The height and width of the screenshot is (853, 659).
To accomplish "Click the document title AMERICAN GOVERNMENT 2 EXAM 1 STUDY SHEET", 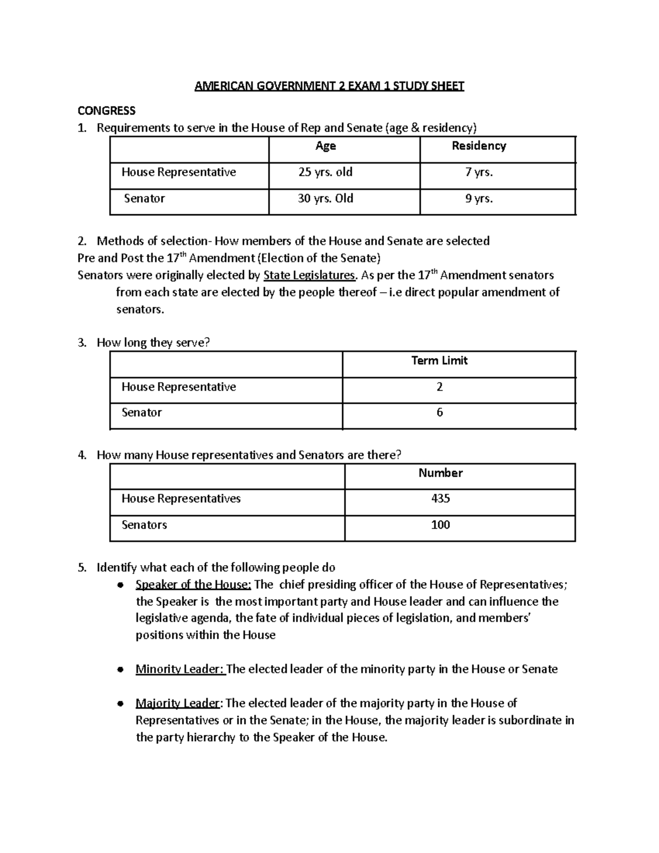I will [329, 86].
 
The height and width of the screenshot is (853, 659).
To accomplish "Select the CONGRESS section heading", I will [107, 111].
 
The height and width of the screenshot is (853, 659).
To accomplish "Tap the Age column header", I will [326, 146].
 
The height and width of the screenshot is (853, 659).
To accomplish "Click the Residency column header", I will [479, 146].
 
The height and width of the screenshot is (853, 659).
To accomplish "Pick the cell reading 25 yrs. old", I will [325, 172].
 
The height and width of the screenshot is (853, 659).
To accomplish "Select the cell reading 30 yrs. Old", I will [325, 199].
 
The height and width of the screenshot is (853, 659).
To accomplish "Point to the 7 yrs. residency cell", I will [479, 172].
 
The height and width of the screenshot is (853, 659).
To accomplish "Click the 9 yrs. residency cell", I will [479, 199].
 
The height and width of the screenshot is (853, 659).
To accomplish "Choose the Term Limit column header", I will [439, 361].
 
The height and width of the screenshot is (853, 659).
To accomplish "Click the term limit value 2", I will [439, 387].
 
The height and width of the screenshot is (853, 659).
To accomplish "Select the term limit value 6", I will [439, 412].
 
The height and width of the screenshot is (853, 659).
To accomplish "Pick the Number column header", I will [440, 473].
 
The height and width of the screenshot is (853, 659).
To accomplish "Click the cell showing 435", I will [440, 499].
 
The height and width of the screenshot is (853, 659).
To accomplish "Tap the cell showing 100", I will [440, 525].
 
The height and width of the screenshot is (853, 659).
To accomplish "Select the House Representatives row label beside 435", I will [181, 499].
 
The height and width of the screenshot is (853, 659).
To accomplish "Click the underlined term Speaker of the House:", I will [193, 584].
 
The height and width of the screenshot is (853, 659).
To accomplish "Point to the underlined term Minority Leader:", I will [180, 669].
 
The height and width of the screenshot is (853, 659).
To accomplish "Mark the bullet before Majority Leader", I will [120, 704].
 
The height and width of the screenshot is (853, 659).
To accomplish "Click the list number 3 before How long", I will [82, 343].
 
